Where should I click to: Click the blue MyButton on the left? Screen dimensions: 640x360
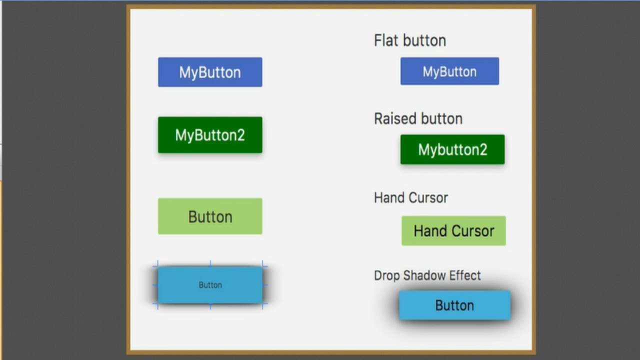[x=210, y=72]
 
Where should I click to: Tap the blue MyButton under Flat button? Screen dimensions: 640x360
[x=449, y=71]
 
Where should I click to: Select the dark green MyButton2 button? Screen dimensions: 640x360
[x=210, y=135]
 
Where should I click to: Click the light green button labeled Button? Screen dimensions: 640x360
[x=210, y=216]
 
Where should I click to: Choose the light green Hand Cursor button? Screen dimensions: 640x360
[x=453, y=231]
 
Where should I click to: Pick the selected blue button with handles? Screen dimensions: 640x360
[x=210, y=285]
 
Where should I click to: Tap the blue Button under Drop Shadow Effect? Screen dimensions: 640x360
[x=454, y=305]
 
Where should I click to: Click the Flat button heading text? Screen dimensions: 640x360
[x=410, y=40]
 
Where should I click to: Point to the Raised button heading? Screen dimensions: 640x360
[x=418, y=118]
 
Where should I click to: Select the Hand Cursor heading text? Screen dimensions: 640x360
[x=411, y=197]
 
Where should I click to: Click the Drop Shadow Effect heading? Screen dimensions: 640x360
[x=427, y=275]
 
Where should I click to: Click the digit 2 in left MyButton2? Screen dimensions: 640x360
[x=240, y=135]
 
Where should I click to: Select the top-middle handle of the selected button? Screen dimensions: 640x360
[x=210, y=263]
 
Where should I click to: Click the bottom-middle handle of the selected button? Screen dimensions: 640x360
[x=210, y=306]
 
